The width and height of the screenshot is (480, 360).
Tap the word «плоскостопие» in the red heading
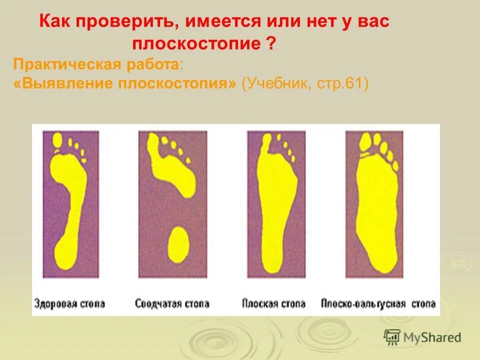point(196,43)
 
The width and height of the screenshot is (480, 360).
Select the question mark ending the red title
point(270,43)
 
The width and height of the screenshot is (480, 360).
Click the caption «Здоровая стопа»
point(70,303)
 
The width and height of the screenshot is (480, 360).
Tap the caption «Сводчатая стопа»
point(172,303)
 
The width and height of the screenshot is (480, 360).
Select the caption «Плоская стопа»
point(273,303)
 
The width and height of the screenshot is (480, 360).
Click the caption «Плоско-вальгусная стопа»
point(378,303)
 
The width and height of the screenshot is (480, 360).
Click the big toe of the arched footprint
point(153,143)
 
